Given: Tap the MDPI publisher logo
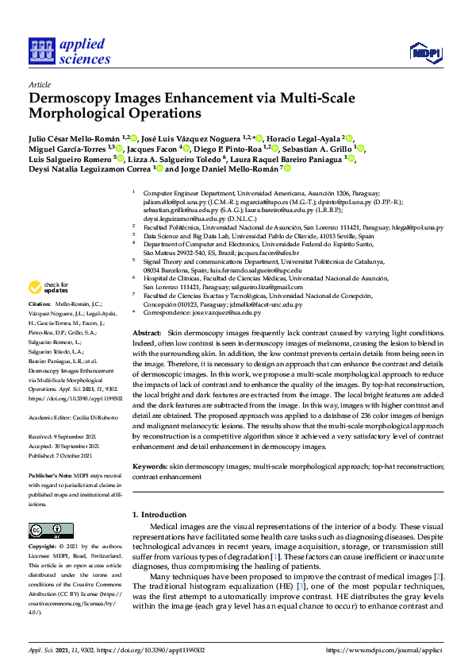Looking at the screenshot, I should pos(424,53).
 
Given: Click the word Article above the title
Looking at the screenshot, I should pos(39,84).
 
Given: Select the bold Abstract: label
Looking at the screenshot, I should pos(147,332).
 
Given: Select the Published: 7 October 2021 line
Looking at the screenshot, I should pos(60,455).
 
